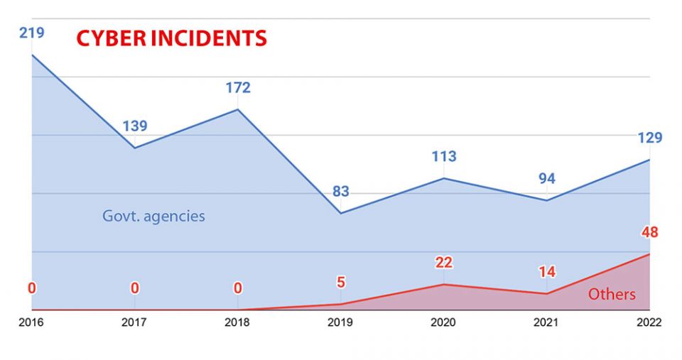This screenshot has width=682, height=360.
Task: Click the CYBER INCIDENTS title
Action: (x=171, y=38)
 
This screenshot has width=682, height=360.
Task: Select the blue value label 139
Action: (x=134, y=126)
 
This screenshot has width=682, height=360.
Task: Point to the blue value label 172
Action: (x=237, y=88)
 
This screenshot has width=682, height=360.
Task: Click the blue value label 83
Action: (x=340, y=192)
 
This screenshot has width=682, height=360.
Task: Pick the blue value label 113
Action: (x=443, y=156)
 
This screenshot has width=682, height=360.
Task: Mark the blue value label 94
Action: (x=546, y=179)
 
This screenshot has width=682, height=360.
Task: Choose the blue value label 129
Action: (x=649, y=138)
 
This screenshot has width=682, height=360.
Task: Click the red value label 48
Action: (x=649, y=232)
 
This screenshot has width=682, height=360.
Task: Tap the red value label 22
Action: (x=443, y=263)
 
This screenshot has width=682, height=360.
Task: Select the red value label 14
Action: (x=546, y=272)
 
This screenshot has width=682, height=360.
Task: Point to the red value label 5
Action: (x=340, y=282)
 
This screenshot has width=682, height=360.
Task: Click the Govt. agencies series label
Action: (x=153, y=216)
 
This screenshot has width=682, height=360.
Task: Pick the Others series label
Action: (x=612, y=294)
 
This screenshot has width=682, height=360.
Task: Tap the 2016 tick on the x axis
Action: (x=31, y=322)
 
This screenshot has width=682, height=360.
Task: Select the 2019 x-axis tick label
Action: (x=340, y=322)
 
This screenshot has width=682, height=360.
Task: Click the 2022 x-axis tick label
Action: (x=649, y=322)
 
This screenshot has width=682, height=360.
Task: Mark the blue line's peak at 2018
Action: (x=237, y=109)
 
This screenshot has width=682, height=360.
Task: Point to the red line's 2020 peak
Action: (x=443, y=284)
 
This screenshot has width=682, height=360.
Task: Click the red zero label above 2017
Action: (x=134, y=288)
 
